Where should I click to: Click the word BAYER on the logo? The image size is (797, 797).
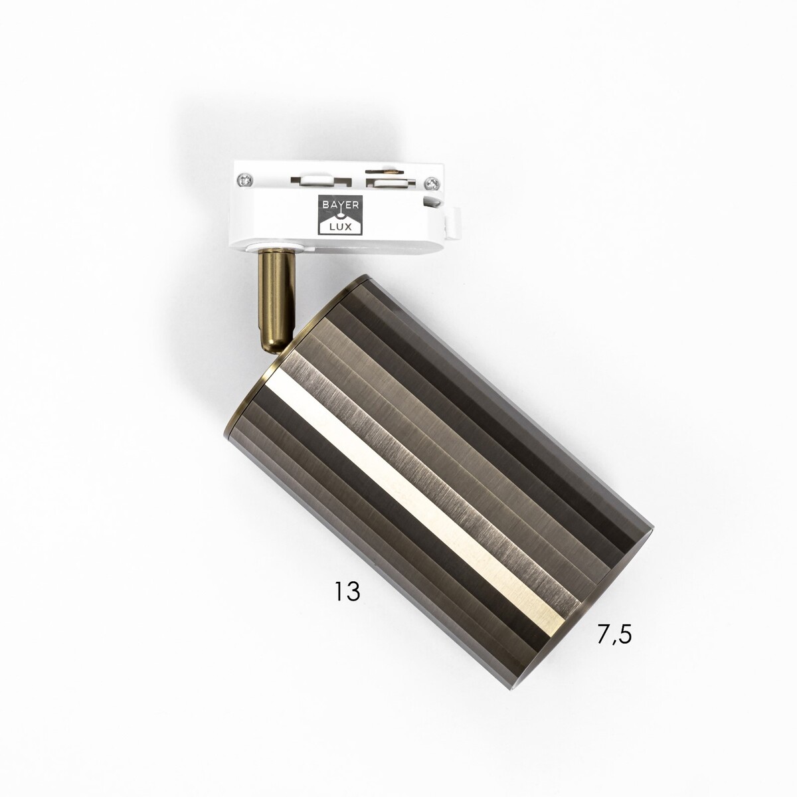coord(340,205)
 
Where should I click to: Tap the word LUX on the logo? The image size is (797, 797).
coord(341,226)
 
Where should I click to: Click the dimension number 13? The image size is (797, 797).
coord(347,592)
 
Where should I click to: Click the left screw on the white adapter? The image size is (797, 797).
coord(244,179)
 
